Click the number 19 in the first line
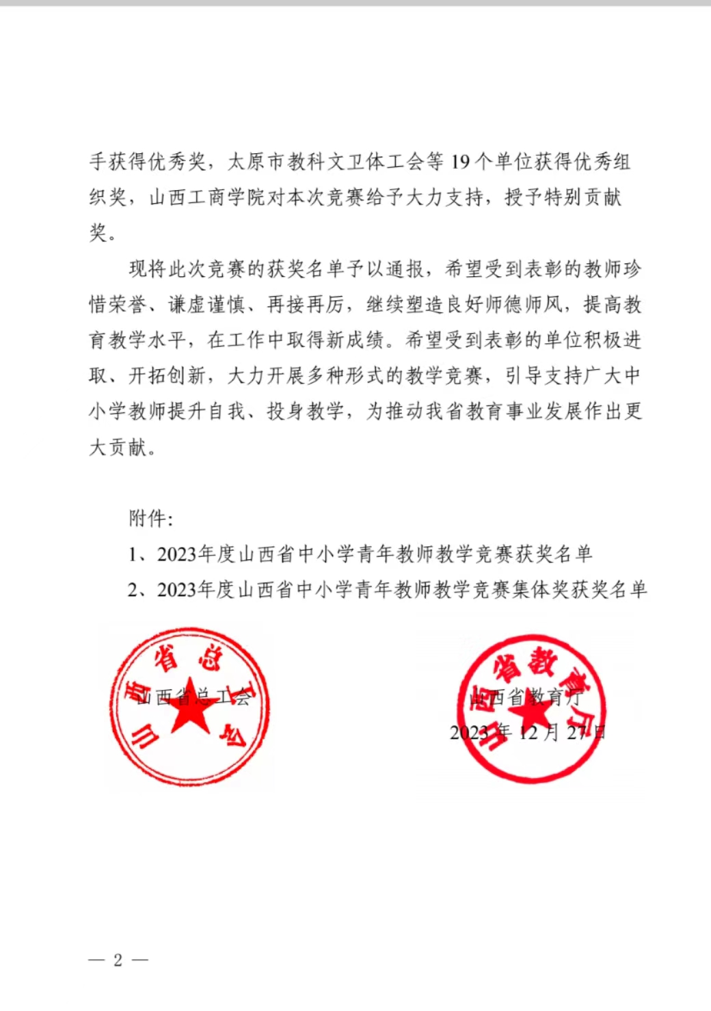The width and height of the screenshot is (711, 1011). tap(461, 162)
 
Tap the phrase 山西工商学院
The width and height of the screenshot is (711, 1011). tap(206, 198)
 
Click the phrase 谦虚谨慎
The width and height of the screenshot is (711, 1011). tap(206, 304)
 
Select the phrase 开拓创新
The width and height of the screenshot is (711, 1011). tap(167, 375)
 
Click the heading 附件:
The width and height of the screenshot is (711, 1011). tap(150, 519)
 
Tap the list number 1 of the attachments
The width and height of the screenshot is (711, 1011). tap(133, 554)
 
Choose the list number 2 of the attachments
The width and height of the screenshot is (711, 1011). tap(133, 590)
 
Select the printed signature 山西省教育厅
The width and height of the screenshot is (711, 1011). tap(526, 697)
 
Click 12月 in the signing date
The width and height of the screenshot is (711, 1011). tap(540, 733)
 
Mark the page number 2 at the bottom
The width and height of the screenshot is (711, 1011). tap(118, 960)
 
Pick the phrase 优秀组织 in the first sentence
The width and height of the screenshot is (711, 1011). tap(602, 162)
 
